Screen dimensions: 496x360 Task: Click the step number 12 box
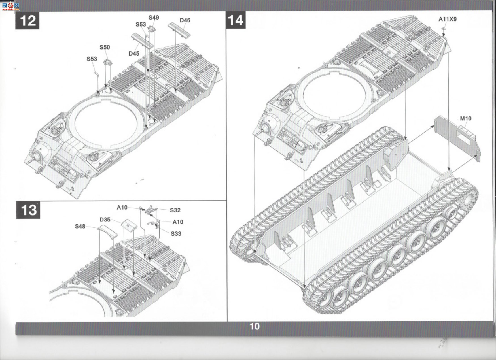click(27, 21)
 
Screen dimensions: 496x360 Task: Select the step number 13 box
click(28, 210)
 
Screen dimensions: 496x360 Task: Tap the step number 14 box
click(236, 20)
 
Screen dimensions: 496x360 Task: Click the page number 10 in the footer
click(255, 327)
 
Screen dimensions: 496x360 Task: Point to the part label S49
click(154, 18)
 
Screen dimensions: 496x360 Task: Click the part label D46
click(185, 20)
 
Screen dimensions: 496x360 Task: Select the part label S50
click(105, 47)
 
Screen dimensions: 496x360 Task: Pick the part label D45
click(134, 54)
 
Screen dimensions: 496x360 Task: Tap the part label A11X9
click(448, 19)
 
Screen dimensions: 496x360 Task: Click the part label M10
click(466, 118)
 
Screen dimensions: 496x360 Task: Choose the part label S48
click(80, 226)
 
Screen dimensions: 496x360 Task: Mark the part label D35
click(105, 220)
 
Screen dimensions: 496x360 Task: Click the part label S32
click(175, 210)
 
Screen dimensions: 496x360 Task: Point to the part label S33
click(176, 234)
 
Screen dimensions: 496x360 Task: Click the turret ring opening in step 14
click(334, 93)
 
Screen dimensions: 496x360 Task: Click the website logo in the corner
click(10, 6)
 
